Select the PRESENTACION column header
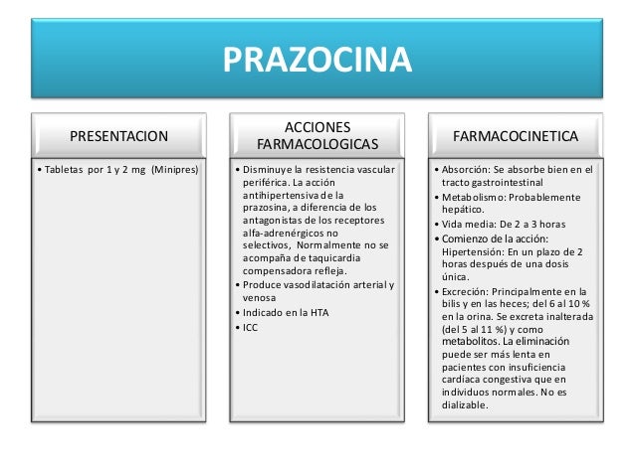click(x=117, y=134)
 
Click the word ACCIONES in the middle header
click(x=317, y=126)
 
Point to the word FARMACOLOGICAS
click(x=317, y=144)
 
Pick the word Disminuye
click(x=263, y=170)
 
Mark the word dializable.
click(x=466, y=405)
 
